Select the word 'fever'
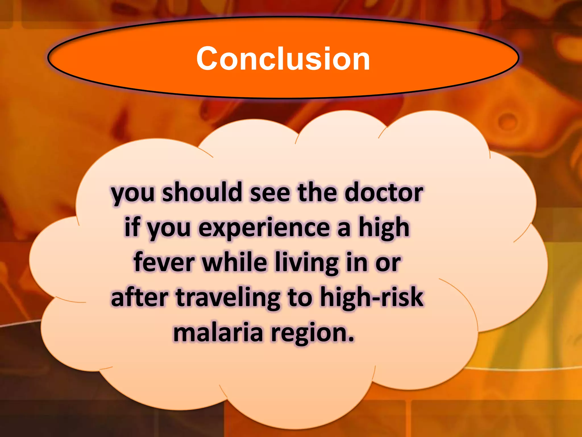point(164,263)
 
